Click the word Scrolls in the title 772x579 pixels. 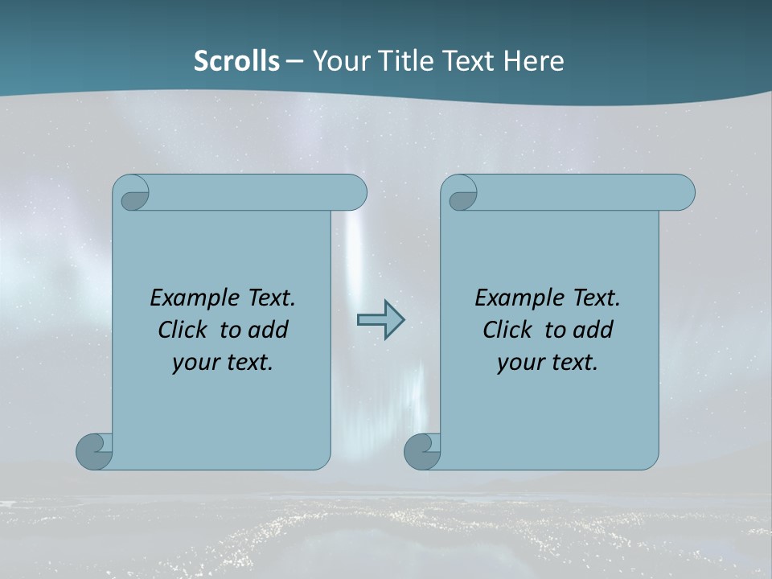coord(237,61)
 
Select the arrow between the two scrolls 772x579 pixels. coord(380,319)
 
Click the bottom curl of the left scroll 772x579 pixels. coord(93,452)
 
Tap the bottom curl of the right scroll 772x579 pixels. coord(421,452)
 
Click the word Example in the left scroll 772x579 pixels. coord(192,298)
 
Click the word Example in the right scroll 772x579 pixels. coord(517,298)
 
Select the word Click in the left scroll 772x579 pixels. coord(184,330)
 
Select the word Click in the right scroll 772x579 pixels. coord(509,330)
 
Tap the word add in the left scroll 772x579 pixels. coord(269,330)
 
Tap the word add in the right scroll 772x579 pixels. coord(593,330)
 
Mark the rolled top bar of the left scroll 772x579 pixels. coord(257,193)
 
